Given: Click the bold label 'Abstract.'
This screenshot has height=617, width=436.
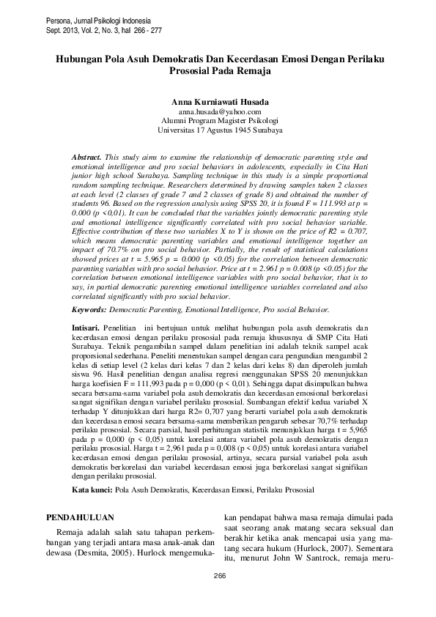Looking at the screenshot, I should point(87,158).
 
